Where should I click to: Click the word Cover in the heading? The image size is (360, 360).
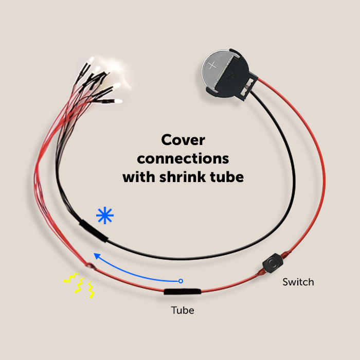pyautogui.click(x=183, y=140)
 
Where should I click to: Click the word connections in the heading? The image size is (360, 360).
pyautogui.click(x=183, y=158)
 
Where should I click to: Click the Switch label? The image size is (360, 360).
pyautogui.click(x=298, y=282)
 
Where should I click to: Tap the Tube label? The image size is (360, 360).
pyautogui.click(x=183, y=310)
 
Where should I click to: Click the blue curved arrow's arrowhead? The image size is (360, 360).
pyautogui.click(x=95, y=254)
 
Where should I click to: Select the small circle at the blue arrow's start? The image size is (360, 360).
pyautogui.click(x=181, y=281)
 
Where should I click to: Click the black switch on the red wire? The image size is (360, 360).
pyautogui.click(x=271, y=264)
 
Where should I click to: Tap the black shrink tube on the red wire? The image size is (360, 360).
pyautogui.click(x=182, y=292)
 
